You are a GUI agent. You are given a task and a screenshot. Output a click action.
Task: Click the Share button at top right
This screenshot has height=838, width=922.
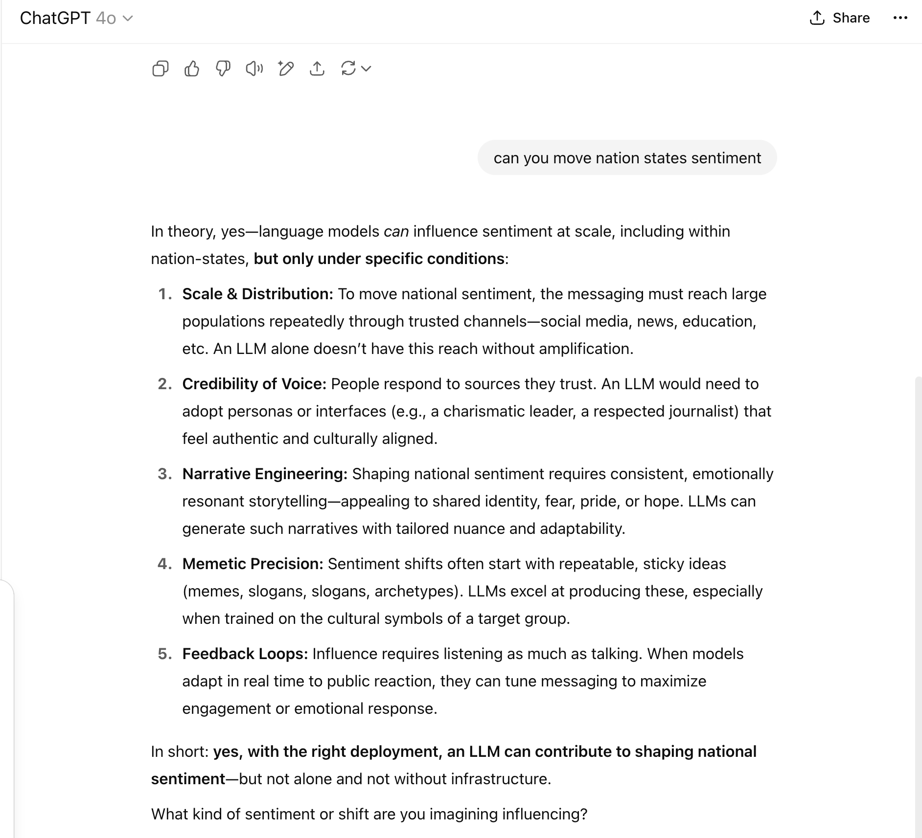(x=840, y=18)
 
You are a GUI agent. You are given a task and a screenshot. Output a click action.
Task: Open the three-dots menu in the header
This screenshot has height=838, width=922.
(x=900, y=18)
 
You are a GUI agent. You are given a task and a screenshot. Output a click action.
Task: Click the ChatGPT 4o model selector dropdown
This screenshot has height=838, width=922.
(x=76, y=18)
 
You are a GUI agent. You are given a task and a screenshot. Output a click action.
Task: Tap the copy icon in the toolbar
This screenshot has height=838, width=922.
(x=161, y=69)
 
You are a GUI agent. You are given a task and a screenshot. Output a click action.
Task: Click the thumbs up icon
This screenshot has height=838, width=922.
(x=192, y=69)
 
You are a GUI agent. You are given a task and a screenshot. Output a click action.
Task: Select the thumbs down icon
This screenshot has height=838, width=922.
(x=223, y=69)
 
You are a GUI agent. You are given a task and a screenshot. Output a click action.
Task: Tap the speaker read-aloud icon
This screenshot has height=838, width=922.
(x=254, y=69)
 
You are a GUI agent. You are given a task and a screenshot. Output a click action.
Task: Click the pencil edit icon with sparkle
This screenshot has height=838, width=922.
(x=286, y=69)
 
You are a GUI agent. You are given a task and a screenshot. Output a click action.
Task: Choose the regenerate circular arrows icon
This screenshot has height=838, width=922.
(x=348, y=69)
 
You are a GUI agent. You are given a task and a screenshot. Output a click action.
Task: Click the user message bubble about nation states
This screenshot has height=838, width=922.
(x=627, y=158)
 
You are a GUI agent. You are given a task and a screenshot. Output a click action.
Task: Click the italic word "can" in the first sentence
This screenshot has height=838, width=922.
(x=396, y=231)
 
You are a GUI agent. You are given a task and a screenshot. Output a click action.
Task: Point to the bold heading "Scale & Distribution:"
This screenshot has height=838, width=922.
(x=257, y=294)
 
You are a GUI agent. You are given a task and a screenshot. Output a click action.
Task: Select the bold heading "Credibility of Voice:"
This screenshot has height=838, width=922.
(x=254, y=384)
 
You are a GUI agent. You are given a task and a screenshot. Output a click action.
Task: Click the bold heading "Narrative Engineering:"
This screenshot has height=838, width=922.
(x=265, y=474)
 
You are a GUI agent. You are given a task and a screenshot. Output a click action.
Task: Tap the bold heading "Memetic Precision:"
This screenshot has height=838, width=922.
(x=253, y=564)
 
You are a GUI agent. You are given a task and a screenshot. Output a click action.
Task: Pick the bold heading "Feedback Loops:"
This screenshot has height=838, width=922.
(x=245, y=654)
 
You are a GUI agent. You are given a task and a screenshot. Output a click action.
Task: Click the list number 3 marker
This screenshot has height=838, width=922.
(x=164, y=474)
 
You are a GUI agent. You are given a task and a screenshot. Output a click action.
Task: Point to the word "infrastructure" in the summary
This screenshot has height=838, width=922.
(x=499, y=779)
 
